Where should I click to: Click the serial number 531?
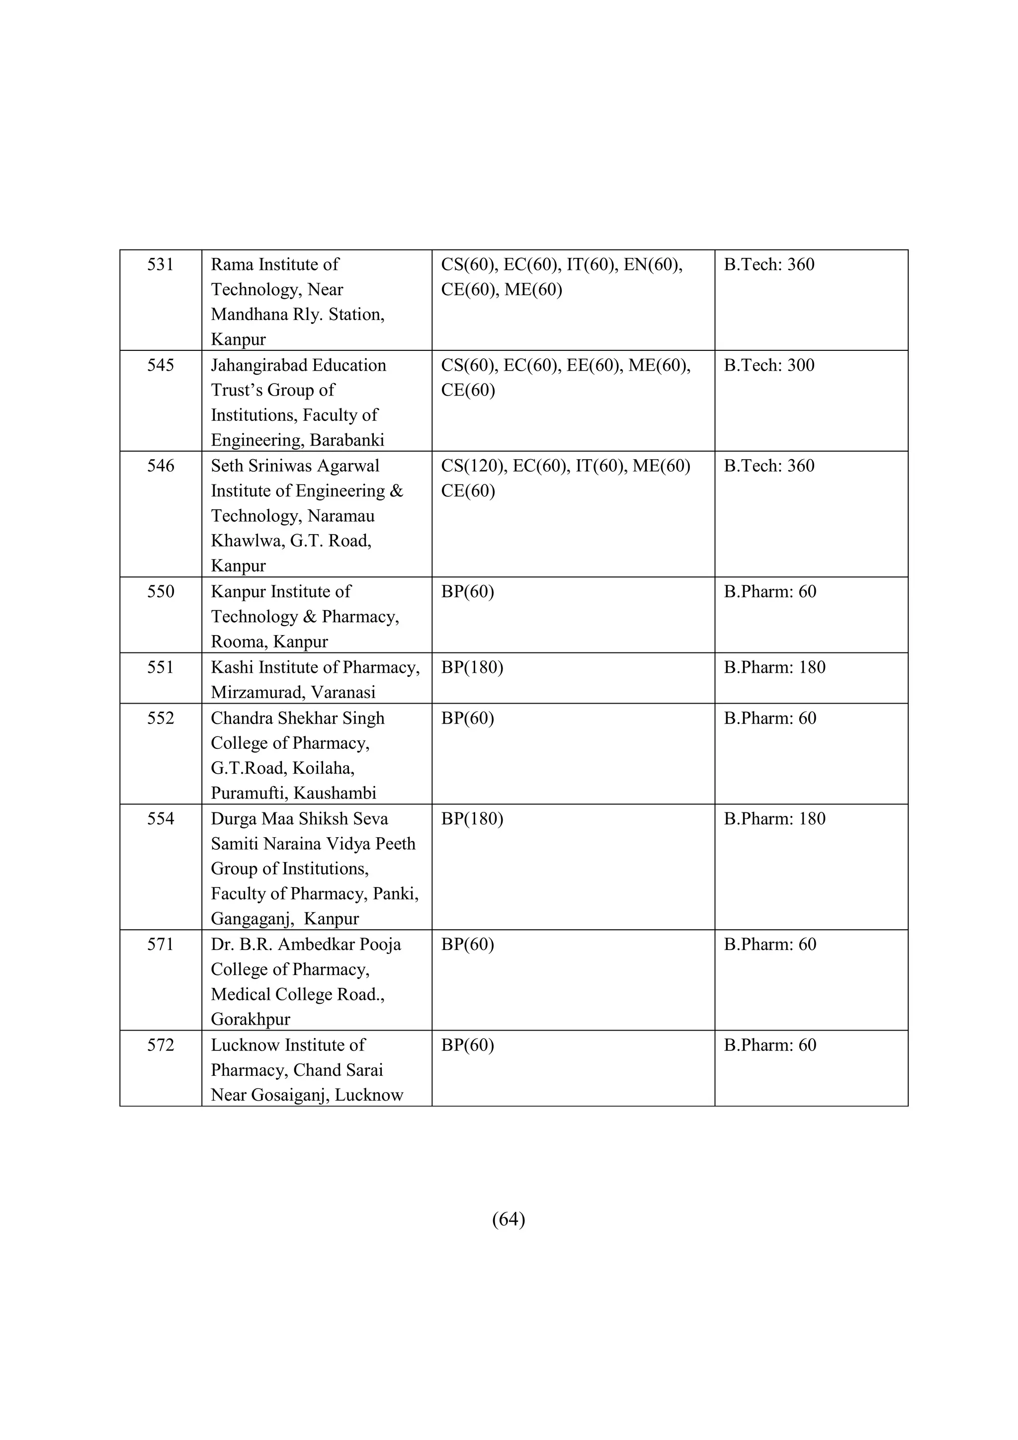[x=160, y=265]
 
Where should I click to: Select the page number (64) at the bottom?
[x=509, y=1218]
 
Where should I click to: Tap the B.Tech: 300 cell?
[x=769, y=365]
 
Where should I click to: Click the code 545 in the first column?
[x=160, y=365]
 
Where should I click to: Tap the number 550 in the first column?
[x=160, y=591]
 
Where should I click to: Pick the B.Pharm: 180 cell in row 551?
[x=774, y=667]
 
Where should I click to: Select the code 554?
[x=160, y=818]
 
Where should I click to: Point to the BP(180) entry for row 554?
[x=472, y=818]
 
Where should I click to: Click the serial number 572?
[x=160, y=1045]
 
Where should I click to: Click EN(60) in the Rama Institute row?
[x=652, y=265]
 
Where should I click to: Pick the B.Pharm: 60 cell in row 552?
[x=769, y=718]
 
